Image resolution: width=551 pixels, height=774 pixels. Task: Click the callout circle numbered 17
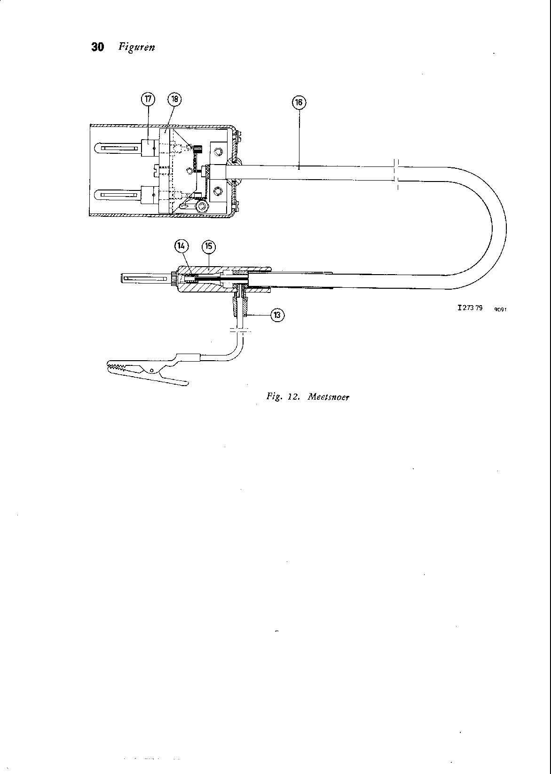pyautogui.click(x=148, y=99)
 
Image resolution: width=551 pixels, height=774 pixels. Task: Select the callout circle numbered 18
pyautogui.click(x=174, y=99)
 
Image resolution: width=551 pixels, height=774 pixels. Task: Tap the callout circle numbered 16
pyautogui.click(x=299, y=102)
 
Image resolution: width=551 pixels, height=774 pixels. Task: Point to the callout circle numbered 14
pyautogui.click(x=181, y=245)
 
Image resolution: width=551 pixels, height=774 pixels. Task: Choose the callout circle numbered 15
pyautogui.click(x=208, y=246)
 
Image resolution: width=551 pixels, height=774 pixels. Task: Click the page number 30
pyautogui.click(x=97, y=47)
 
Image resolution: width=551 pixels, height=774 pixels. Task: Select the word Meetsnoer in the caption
pyautogui.click(x=329, y=396)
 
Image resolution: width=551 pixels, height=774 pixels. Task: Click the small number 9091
pyautogui.click(x=500, y=309)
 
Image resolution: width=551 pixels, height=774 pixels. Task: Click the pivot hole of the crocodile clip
pyautogui.click(x=151, y=371)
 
